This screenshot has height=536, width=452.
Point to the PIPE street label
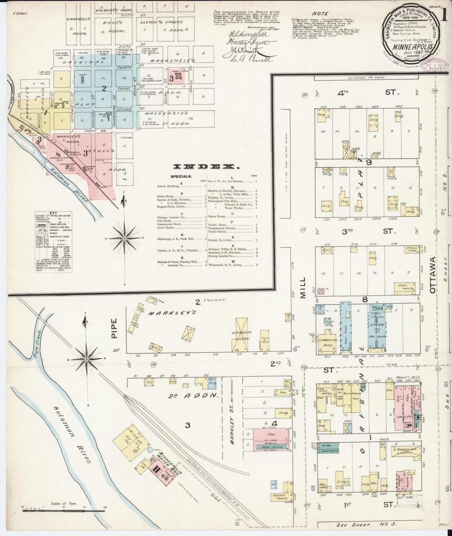pyautogui.click(x=114, y=328)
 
